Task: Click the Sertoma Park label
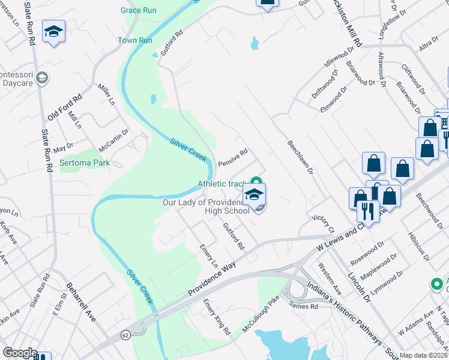pyautogui.click(x=84, y=163)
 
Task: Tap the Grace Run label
pyautogui.click(x=139, y=10)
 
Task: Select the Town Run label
pyautogui.click(x=135, y=40)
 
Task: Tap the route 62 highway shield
pyautogui.click(x=125, y=334)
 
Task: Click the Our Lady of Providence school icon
pyautogui.click(x=254, y=194)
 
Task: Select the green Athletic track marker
pyautogui.click(x=256, y=181)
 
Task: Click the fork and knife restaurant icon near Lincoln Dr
pyautogui.click(x=367, y=211)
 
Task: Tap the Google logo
pyautogui.click(x=20, y=353)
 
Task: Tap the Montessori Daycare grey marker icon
pyautogui.click(x=42, y=78)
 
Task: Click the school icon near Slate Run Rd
pyautogui.click(x=53, y=32)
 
